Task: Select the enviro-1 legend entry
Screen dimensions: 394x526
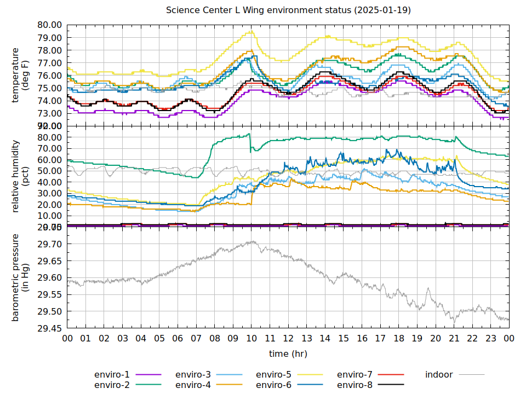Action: [112, 375]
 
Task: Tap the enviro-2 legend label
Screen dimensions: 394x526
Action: [112, 385]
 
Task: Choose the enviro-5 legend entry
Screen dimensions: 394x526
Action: [274, 375]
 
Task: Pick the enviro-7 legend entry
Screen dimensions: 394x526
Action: [355, 375]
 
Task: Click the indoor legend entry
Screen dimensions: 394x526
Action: [439, 375]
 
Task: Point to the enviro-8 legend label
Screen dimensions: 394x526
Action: [355, 385]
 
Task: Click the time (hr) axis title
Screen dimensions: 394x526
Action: [288, 354]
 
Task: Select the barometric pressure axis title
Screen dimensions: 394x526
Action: [20, 277]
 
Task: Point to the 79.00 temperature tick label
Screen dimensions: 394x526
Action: [50, 38]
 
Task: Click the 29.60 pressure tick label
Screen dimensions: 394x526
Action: [50, 278]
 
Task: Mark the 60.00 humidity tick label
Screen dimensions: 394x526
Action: [50, 160]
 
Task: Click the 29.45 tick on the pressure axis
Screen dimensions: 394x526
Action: [50, 328]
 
